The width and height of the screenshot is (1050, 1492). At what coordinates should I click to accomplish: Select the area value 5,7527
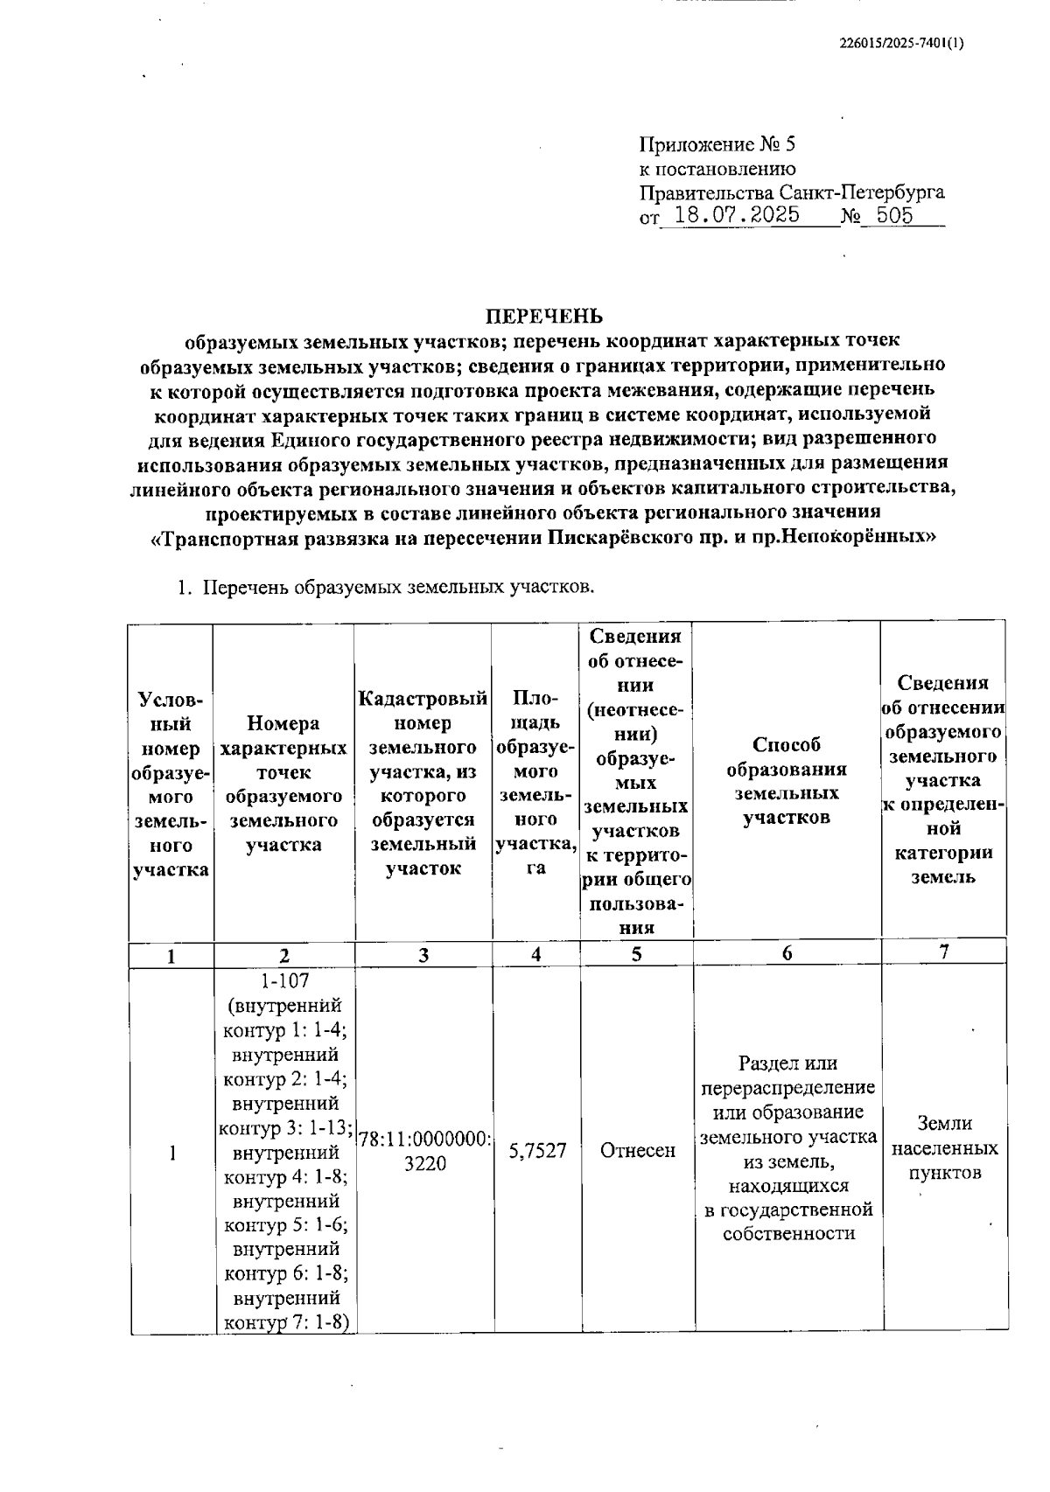[537, 1151]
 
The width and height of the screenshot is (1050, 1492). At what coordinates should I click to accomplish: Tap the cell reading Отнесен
[638, 1151]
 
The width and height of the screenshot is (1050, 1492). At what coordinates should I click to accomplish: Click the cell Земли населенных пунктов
[944, 1147]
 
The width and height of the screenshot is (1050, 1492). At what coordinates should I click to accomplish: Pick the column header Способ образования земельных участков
[787, 781]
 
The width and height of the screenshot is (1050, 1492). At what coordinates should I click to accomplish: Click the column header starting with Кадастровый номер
[423, 781]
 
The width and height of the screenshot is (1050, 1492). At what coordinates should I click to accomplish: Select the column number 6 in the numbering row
[787, 954]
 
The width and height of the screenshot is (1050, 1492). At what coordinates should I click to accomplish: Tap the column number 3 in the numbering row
[423, 955]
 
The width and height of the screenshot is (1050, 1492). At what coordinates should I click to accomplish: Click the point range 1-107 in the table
[284, 981]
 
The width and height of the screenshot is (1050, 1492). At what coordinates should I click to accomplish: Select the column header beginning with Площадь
[535, 781]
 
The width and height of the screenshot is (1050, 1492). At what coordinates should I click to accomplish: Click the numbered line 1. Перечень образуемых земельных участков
[385, 587]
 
